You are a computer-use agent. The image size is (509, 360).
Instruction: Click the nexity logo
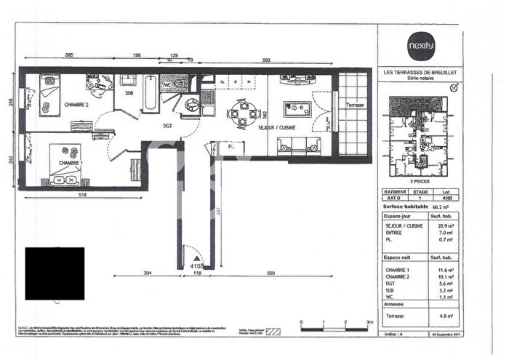point(420,45)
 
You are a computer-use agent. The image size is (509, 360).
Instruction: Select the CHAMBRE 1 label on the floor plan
point(71,162)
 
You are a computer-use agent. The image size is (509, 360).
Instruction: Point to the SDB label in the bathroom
point(129,93)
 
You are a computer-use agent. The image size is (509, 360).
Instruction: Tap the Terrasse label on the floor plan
point(356,105)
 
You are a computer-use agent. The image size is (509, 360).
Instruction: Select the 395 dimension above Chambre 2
point(70,55)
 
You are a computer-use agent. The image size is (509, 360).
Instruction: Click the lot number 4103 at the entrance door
point(195,266)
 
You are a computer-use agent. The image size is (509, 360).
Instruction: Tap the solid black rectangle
point(55,273)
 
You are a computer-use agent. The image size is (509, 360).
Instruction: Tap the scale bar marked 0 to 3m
point(334,328)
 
